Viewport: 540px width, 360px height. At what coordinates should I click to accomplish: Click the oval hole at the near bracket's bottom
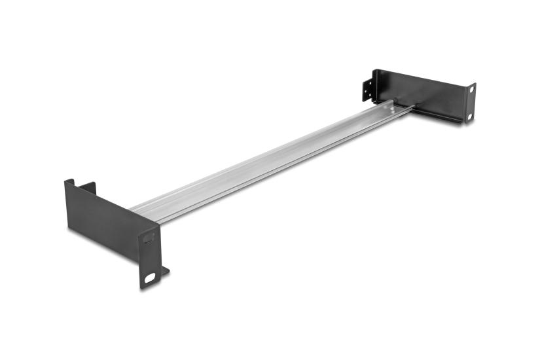pyautogui.click(x=151, y=278)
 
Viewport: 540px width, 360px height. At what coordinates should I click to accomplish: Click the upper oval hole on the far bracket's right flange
pyautogui.click(x=471, y=90)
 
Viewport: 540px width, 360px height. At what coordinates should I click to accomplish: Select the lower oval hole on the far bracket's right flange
pyautogui.click(x=469, y=116)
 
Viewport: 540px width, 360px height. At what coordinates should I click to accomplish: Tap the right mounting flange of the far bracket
pyautogui.click(x=470, y=103)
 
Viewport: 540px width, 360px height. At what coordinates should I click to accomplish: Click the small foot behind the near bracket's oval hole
pyautogui.click(x=164, y=270)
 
